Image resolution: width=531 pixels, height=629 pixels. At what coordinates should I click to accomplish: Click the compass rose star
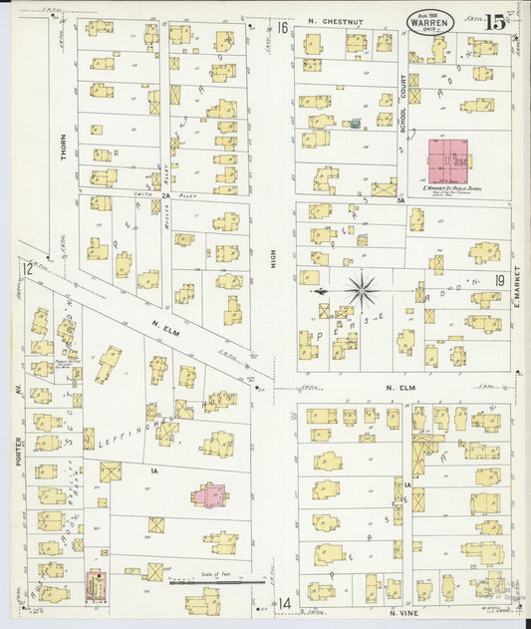[x=362, y=290]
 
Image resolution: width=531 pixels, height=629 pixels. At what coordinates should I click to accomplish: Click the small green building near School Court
[x=354, y=125]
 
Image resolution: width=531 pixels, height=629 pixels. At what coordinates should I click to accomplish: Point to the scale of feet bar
[x=216, y=581]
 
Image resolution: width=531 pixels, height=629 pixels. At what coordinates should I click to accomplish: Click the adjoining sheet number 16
[x=282, y=28]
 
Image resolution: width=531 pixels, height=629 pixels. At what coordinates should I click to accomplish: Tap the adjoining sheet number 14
[x=284, y=603]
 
